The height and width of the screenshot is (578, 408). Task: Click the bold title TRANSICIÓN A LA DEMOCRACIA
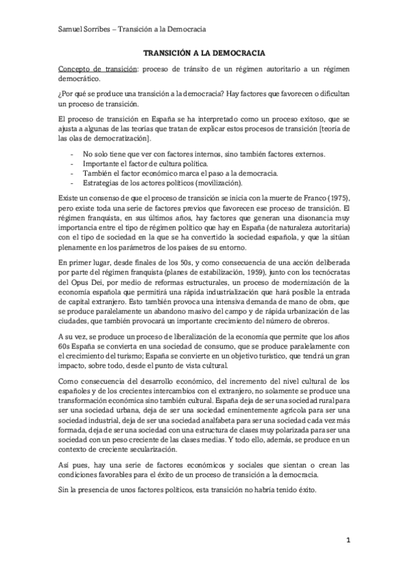tap(204, 52)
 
